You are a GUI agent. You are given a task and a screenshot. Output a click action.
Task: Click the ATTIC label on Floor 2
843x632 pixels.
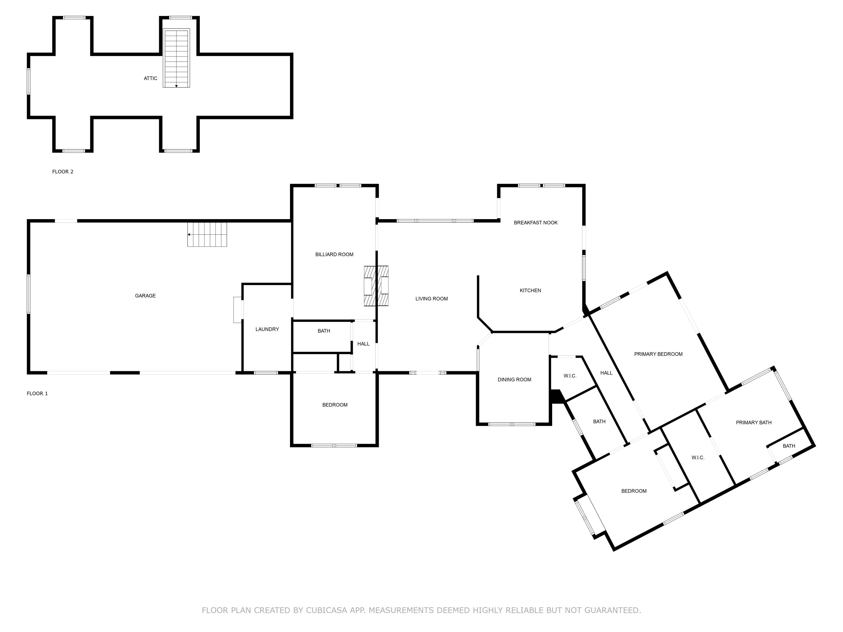(151, 78)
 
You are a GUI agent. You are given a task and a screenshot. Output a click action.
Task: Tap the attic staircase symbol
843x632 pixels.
(176, 58)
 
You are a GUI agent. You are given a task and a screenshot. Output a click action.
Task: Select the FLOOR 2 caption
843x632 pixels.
(63, 172)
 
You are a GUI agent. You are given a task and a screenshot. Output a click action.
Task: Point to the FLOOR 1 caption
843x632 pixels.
(37, 394)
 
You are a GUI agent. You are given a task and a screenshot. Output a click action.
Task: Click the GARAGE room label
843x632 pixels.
(145, 295)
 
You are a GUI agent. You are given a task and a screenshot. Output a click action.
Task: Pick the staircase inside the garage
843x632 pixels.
(207, 234)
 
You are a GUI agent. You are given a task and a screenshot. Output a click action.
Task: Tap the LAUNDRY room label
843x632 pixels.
(267, 329)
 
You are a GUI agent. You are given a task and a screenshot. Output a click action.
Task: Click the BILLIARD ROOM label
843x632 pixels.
(334, 254)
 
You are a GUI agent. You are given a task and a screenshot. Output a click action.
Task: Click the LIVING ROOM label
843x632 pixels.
(431, 299)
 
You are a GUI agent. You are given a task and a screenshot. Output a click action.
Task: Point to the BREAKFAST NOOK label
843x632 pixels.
(536, 222)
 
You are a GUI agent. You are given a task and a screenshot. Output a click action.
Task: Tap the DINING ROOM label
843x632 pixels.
(514, 379)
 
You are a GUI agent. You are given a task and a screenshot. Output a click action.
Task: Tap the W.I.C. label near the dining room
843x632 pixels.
(570, 376)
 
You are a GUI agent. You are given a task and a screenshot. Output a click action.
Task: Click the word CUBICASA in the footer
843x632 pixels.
(327, 610)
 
